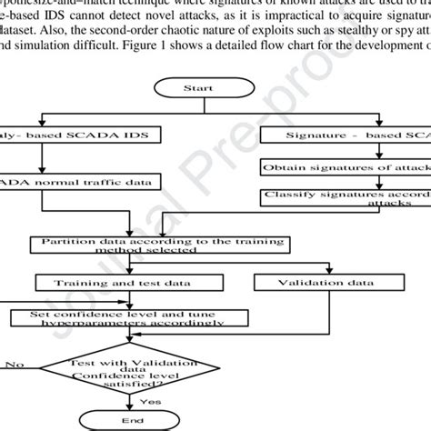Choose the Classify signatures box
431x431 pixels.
(x=346, y=198)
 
